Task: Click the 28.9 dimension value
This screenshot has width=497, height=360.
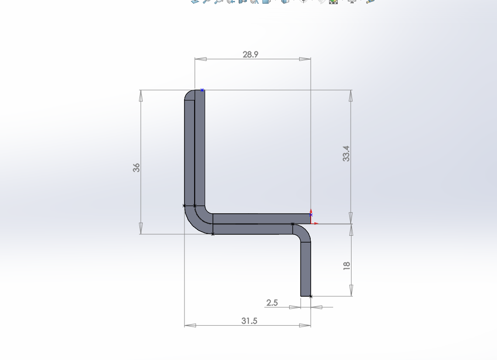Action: pos(251,54)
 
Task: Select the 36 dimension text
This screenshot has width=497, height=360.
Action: pos(136,167)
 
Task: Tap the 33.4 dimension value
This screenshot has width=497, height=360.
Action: pos(346,154)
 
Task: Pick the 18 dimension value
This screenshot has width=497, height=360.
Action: pos(346,265)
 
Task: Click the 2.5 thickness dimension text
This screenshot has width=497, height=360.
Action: pos(272,303)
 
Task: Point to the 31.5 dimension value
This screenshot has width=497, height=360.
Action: pos(249,321)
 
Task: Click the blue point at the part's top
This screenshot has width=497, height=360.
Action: pos(202,90)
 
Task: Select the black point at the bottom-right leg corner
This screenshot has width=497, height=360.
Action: pos(311,297)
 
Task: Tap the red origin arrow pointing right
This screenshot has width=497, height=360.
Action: pos(316,224)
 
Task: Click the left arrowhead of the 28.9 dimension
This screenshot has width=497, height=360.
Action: pos(201,59)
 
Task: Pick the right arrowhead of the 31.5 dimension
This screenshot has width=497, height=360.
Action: pos(305,325)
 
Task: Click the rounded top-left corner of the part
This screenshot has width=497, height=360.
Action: pos(189,94)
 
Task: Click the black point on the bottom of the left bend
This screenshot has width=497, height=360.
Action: pos(213,234)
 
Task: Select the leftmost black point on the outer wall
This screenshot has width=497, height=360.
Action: pos(184,205)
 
